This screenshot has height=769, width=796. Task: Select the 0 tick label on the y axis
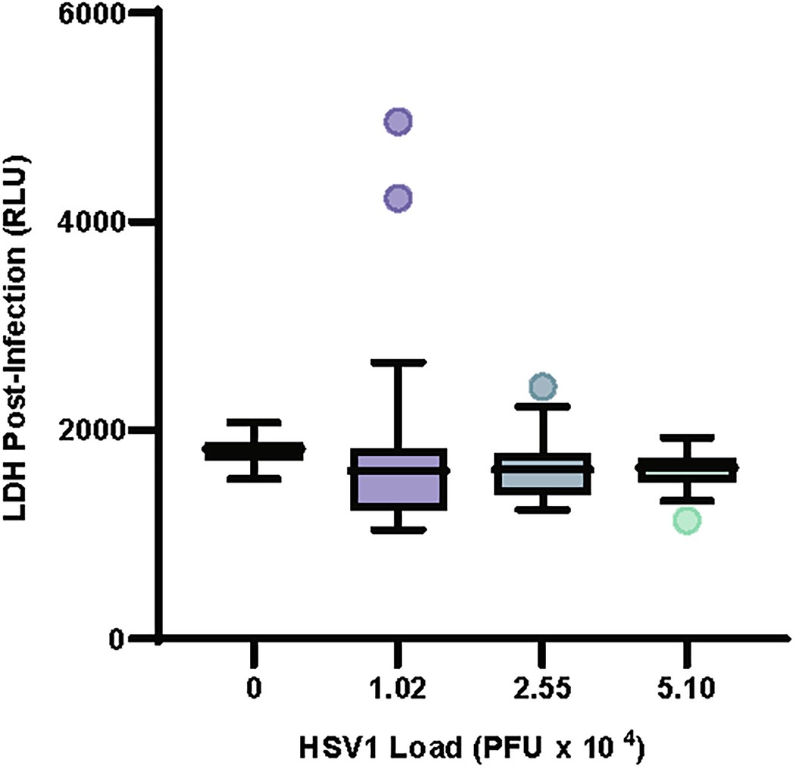coord(114,639)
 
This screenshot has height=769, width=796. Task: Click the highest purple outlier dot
coord(398,120)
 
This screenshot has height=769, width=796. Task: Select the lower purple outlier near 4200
coord(398,198)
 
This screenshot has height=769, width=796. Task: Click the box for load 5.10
coord(687,470)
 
